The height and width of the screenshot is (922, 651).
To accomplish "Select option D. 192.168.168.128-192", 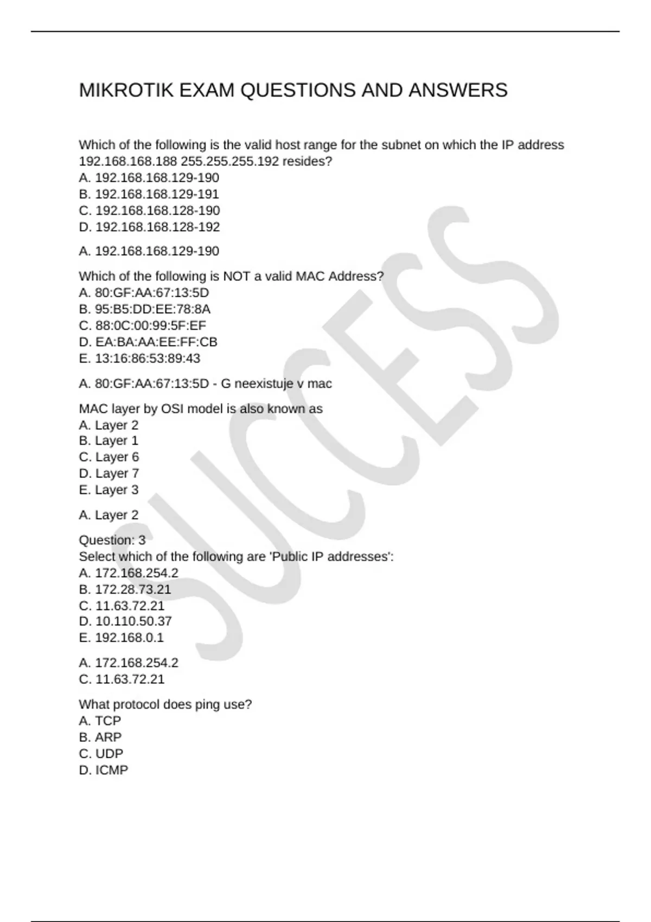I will tap(149, 227).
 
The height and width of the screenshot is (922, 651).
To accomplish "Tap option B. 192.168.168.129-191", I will tap(149, 194).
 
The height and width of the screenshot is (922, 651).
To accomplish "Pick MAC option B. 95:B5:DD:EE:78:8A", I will tap(144, 309).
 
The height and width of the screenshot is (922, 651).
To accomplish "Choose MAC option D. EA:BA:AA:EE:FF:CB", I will tap(148, 342).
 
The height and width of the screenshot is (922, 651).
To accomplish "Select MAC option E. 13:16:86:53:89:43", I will tap(139, 358).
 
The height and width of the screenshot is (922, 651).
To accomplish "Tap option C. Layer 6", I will tap(109, 457).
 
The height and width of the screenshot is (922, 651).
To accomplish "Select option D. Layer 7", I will tap(109, 473).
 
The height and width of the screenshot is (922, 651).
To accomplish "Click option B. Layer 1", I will tap(108, 441).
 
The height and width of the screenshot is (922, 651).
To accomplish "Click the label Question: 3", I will tap(112, 540).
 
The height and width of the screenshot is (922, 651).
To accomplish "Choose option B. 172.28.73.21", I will tap(125, 590).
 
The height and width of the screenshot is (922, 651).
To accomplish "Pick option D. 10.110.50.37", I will tap(125, 622).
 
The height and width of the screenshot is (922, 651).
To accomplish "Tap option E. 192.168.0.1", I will tap(121, 638).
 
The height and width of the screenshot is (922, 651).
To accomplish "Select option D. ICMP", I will tap(104, 770).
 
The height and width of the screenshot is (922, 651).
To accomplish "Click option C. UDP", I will tap(101, 754).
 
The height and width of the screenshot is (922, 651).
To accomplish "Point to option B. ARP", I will tap(100, 738).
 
